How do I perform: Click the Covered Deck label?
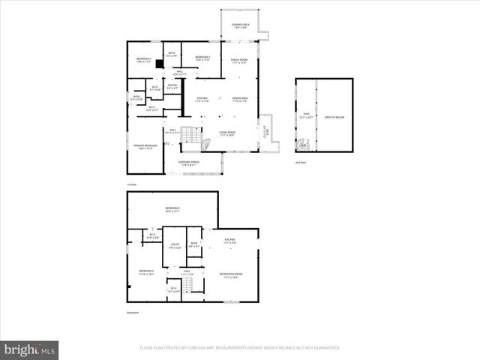[x=241, y=26]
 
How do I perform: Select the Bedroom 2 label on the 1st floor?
[x=144, y=59]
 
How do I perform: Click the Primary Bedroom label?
[x=145, y=146]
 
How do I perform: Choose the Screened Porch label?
[x=188, y=163]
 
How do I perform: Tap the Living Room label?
[x=228, y=133]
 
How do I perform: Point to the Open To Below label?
[x=335, y=118]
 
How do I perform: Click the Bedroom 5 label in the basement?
[x=172, y=209]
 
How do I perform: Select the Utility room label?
[x=174, y=246]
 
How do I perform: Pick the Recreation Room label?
[x=229, y=275]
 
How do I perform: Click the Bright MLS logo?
[x=30, y=349]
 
